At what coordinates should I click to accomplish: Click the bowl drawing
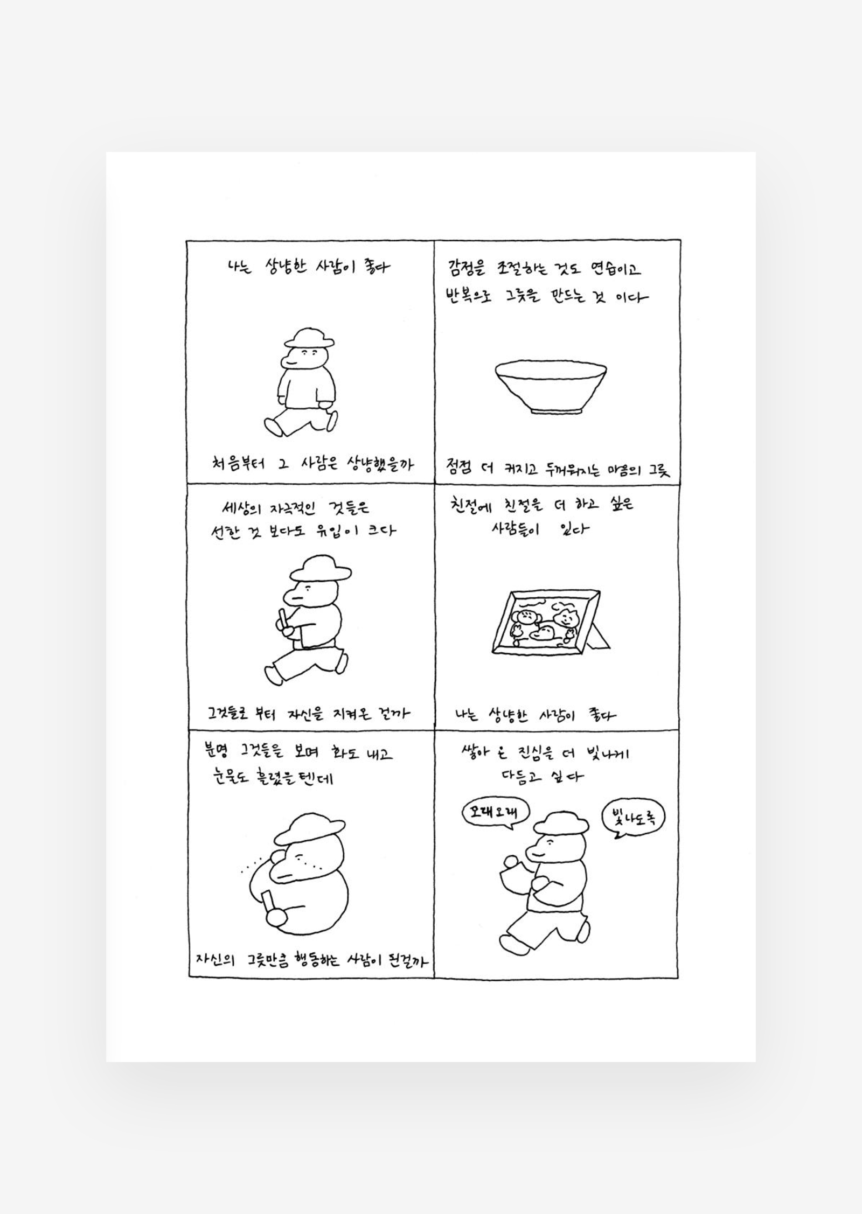(551, 387)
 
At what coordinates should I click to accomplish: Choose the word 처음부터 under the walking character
(238, 463)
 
